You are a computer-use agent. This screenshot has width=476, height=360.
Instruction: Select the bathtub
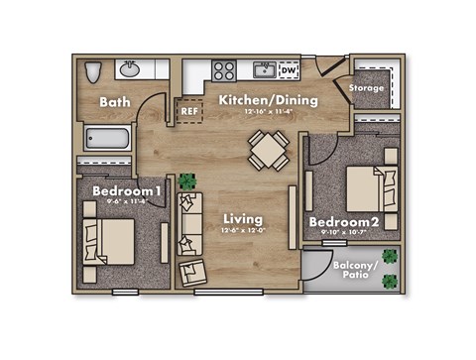pos(110,139)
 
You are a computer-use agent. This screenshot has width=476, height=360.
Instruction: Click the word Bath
pos(116,102)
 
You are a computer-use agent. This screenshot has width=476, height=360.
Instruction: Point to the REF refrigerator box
pos(189,111)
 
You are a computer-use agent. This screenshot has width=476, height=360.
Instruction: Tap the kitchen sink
pos(264,69)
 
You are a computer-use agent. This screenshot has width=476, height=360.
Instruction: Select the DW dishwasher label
pos(288,70)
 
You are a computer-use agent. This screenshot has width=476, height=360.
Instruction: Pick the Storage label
pos(366,88)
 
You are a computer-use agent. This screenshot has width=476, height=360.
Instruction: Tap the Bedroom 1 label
pos(127,190)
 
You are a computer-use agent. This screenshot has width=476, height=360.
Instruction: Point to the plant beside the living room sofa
pos(187,180)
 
